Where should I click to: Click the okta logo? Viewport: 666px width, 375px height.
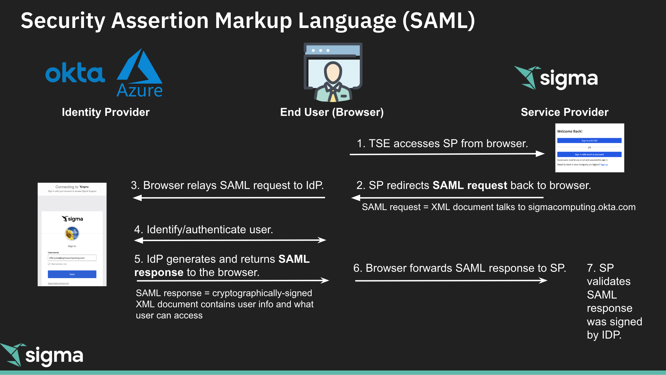click(x=75, y=73)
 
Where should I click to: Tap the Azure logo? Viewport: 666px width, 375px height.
click(x=140, y=74)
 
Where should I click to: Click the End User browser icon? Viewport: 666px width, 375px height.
click(x=333, y=72)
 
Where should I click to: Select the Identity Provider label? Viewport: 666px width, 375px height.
click(x=106, y=112)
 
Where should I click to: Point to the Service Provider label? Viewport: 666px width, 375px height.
click(x=564, y=112)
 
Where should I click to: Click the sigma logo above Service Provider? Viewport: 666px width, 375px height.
click(x=556, y=78)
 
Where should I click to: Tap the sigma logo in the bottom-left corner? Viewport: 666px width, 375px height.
click(x=42, y=355)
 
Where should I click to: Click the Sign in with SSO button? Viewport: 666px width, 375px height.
click(x=589, y=141)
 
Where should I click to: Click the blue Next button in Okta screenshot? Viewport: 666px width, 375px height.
click(x=72, y=274)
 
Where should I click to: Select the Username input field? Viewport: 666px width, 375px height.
click(x=72, y=258)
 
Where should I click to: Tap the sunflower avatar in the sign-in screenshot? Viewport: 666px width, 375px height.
click(x=72, y=233)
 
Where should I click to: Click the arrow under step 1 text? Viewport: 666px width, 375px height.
click(x=447, y=154)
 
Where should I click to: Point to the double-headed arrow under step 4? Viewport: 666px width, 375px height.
click(x=230, y=240)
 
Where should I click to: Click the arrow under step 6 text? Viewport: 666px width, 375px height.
click(x=451, y=280)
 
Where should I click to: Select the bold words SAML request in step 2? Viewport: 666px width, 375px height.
click(x=470, y=185)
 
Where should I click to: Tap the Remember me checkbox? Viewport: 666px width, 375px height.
click(x=49, y=264)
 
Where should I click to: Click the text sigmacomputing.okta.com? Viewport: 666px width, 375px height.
click(x=581, y=207)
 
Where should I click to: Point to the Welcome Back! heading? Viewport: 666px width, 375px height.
click(x=569, y=131)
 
